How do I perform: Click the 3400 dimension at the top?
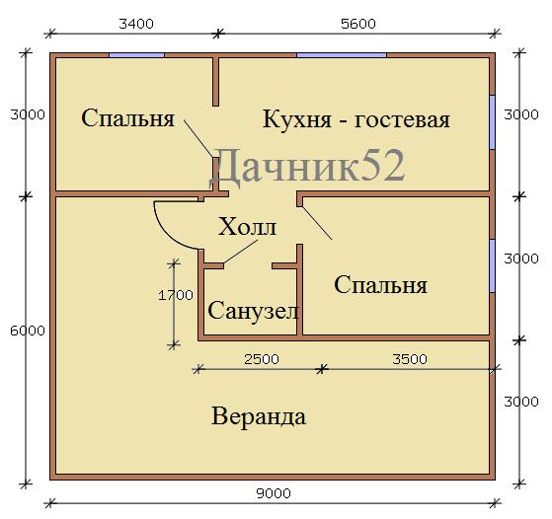click(136, 24)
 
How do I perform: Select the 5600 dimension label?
click(358, 24)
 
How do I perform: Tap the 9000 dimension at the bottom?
click(274, 493)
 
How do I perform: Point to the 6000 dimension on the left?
click(28, 331)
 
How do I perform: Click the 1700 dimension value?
click(176, 295)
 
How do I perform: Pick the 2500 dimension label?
click(262, 359)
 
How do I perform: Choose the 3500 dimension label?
click(410, 359)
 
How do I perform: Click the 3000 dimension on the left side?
click(28, 114)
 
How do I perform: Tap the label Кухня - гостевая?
click(356, 119)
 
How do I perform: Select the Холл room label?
click(247, 227)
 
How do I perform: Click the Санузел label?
click(254, 311)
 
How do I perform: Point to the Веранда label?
click(259, 416)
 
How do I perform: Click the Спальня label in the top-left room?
click(127, 117)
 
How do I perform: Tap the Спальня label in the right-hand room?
click(380, 284)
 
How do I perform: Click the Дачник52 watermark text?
click(308, 166)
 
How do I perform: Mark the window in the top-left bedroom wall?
click(136, 55)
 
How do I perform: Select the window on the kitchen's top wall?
click(342, 55)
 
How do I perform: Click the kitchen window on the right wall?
click(493, 122)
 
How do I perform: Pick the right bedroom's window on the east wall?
click(493, 266)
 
